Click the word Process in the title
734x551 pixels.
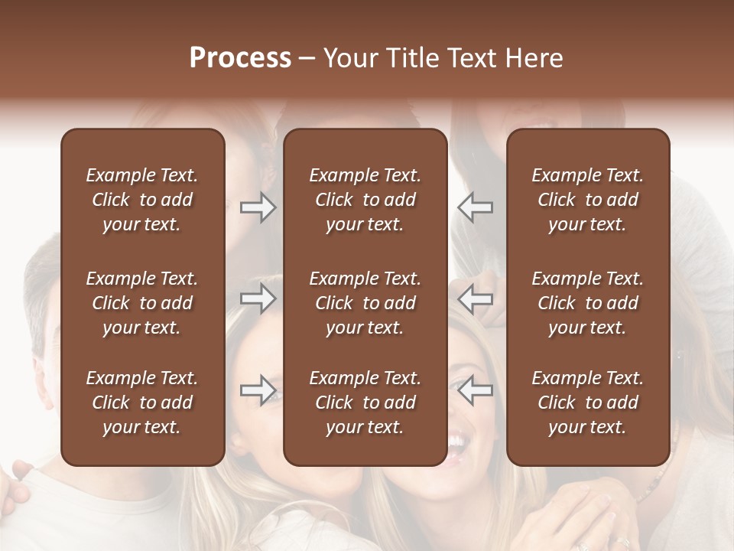240,58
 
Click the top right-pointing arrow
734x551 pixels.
258,207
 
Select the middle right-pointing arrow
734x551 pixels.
258,298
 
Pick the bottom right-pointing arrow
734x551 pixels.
258,390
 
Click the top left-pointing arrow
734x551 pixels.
476,207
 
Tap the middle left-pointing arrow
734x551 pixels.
476,298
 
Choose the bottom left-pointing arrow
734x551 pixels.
476,390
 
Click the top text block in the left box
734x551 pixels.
142,200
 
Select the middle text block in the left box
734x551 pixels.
142,303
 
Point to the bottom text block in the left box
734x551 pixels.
142,403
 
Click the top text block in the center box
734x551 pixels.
365,200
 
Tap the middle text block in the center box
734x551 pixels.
365,303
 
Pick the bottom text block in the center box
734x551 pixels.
365,403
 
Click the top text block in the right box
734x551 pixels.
588,200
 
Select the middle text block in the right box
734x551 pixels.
588,303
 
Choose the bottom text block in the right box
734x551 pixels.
588,403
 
